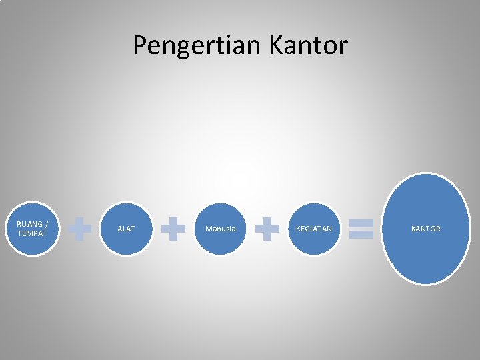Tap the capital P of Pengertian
140,45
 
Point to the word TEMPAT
32,233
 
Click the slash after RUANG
46,224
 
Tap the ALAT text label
126,229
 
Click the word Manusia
220,229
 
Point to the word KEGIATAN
314,229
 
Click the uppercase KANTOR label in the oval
425,229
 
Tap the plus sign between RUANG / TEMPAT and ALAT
80,229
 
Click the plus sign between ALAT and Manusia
173,229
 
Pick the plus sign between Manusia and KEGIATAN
267,229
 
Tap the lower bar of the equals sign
361,235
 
